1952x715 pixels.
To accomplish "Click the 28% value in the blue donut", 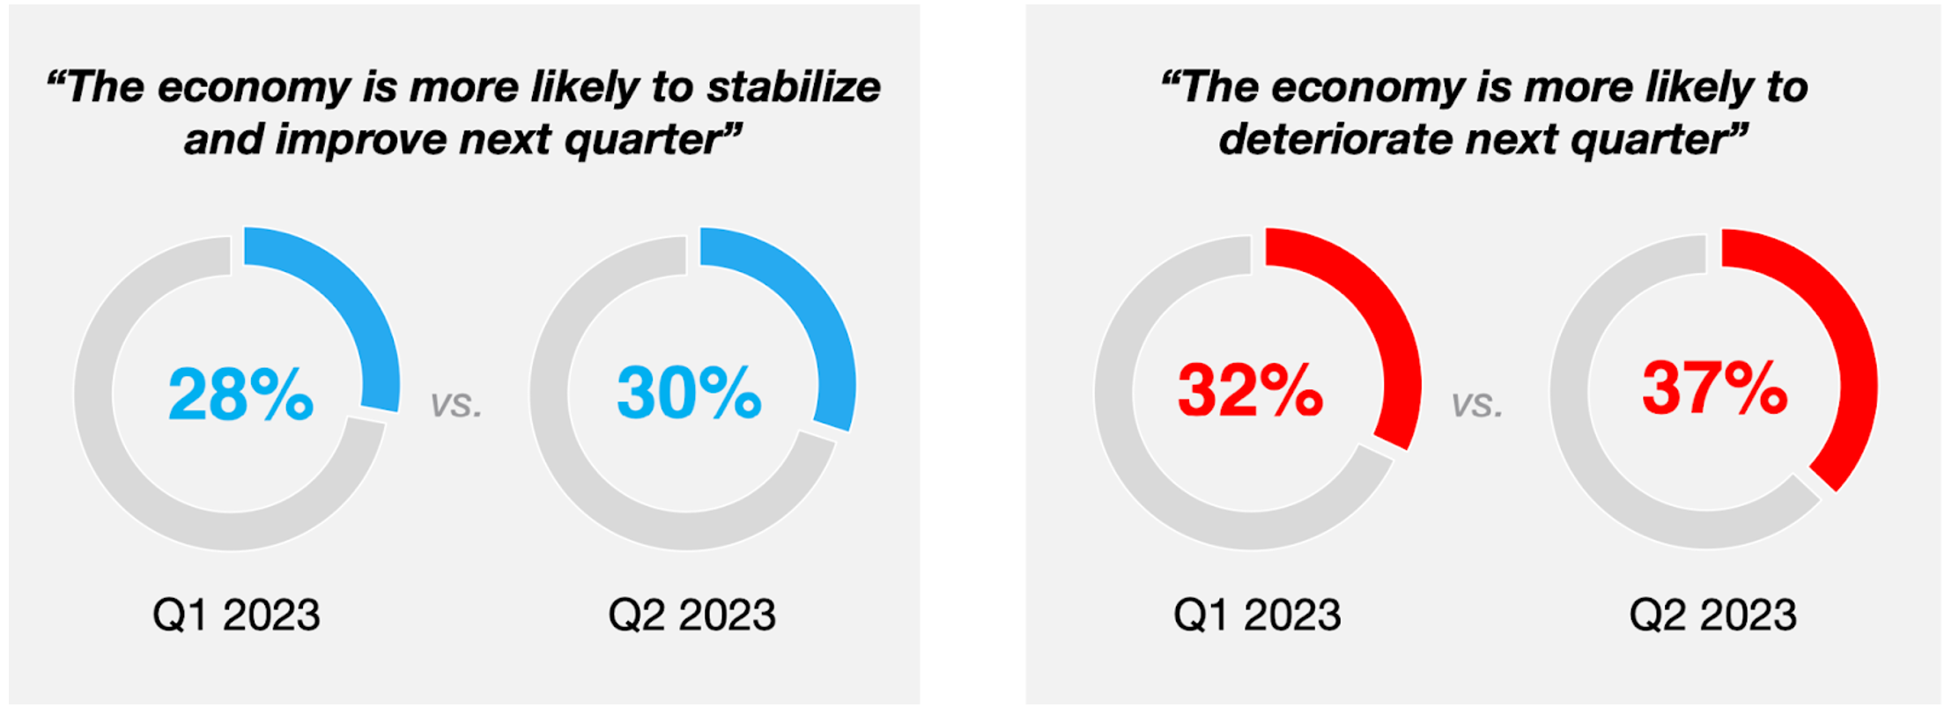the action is click(240, 394).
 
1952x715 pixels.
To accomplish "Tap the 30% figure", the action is click(689, 392).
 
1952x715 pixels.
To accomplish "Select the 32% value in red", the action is click(1250, 389).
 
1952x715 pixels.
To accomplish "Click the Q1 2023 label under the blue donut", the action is click(236, 615).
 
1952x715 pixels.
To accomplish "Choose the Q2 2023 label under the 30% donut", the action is click(691, 615).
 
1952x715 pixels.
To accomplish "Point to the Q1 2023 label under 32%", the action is click(1257, 615).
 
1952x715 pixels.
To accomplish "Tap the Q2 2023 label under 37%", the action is click(1712, 615).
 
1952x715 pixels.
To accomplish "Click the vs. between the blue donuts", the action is click(456, 403).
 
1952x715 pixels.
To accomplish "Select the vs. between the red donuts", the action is click(1477, 403).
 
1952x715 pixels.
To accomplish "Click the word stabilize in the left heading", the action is click(794, 87).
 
